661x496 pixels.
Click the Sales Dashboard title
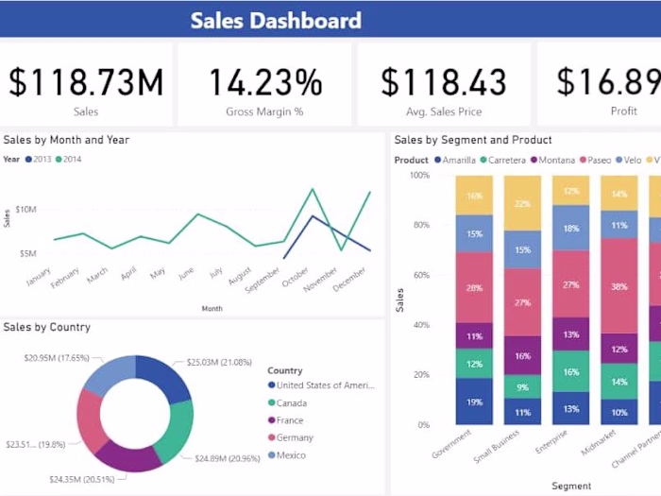click(276, 20)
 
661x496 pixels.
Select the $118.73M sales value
click(86, 82)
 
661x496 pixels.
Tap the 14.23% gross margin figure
click(264, 82)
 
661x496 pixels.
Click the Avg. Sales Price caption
click(444, 111)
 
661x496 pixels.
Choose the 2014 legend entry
click(68, 160)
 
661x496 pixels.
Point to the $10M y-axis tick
click(25, 209)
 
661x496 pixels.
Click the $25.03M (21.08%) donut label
click(218, 362)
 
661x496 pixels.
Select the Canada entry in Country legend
click(292, 402)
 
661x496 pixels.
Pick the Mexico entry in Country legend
click(291, 455)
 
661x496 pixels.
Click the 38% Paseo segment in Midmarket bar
click(619, 286)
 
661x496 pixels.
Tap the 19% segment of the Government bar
click(474, 402)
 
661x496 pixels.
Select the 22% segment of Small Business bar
click(522, 204)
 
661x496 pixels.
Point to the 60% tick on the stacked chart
click(419, 275)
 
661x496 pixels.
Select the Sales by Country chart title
click(47, 327)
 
